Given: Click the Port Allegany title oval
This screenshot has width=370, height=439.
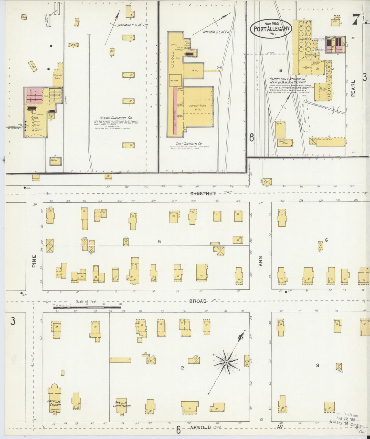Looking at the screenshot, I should pyautogui.click(x=271, y=28).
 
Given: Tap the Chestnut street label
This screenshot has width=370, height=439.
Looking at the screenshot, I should pyautogui.click(x=203, y=194).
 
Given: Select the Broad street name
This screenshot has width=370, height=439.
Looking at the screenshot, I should pyautogui.click(x=198, y=301).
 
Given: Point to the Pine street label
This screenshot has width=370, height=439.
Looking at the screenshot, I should pyautogui.click(x=34, y=261).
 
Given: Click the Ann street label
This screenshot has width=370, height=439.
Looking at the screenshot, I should pyautogui.click(x=261, y=262).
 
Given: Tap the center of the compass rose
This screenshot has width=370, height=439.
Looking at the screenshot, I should pyautogui.click(x=227, y=362).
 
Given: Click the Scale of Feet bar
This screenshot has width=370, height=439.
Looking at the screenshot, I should pyautogui.click(x=87, y=307).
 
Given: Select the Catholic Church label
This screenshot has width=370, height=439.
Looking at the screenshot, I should pyautogui.click(x=54, y=403).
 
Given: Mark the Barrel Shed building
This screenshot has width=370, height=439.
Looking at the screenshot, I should pyautogui.click(x=330, y=141).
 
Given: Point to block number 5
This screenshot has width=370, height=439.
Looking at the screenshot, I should pyautogui.click(x=159, y=241).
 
